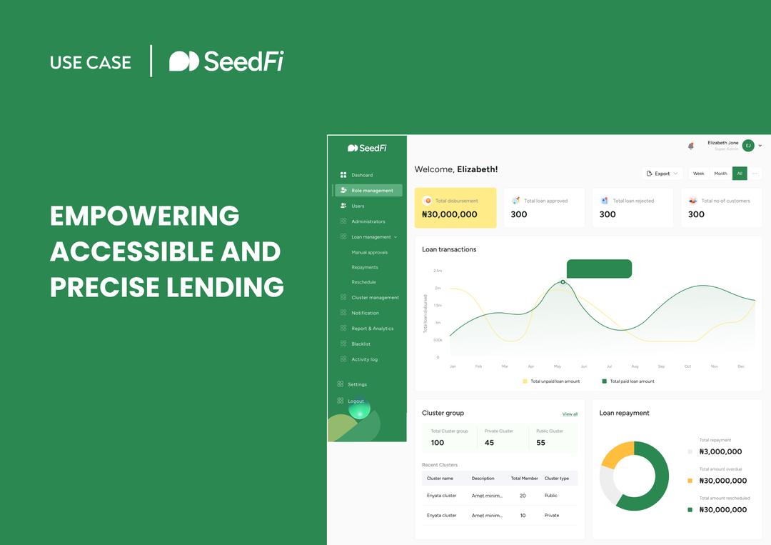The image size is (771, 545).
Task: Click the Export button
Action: (x=662, y=174)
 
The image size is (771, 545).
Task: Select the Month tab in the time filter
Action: (x=720, y=174)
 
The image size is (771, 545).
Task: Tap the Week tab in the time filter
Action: (x=698, y=174)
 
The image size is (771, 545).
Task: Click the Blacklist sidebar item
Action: (x=361, y=344)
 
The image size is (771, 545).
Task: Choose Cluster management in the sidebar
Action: (x=375, y=298)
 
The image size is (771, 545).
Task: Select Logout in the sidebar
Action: (x=356, y=401)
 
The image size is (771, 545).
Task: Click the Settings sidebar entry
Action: (x=357, y=384)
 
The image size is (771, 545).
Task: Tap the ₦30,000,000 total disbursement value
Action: (x=450, y=214)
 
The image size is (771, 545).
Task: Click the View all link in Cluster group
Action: (x=570, y=414)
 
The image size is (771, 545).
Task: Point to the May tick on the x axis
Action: (x=558, y=366)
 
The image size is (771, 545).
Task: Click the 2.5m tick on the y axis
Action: (x=438, y=271)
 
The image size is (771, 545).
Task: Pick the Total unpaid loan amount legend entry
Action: (x=555, y=381)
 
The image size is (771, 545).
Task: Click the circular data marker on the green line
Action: (x=563, y=282)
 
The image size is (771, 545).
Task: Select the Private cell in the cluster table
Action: (x=552, y=515)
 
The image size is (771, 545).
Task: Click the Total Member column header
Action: (x=525, y=479)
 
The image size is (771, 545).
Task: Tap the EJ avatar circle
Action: (x=748, y=146)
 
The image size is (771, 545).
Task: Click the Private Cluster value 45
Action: (x=489, y=443)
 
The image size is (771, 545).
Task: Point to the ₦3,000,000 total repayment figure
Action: (x=720, y=451)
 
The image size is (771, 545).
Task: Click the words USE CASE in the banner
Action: (x=91, y=62)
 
